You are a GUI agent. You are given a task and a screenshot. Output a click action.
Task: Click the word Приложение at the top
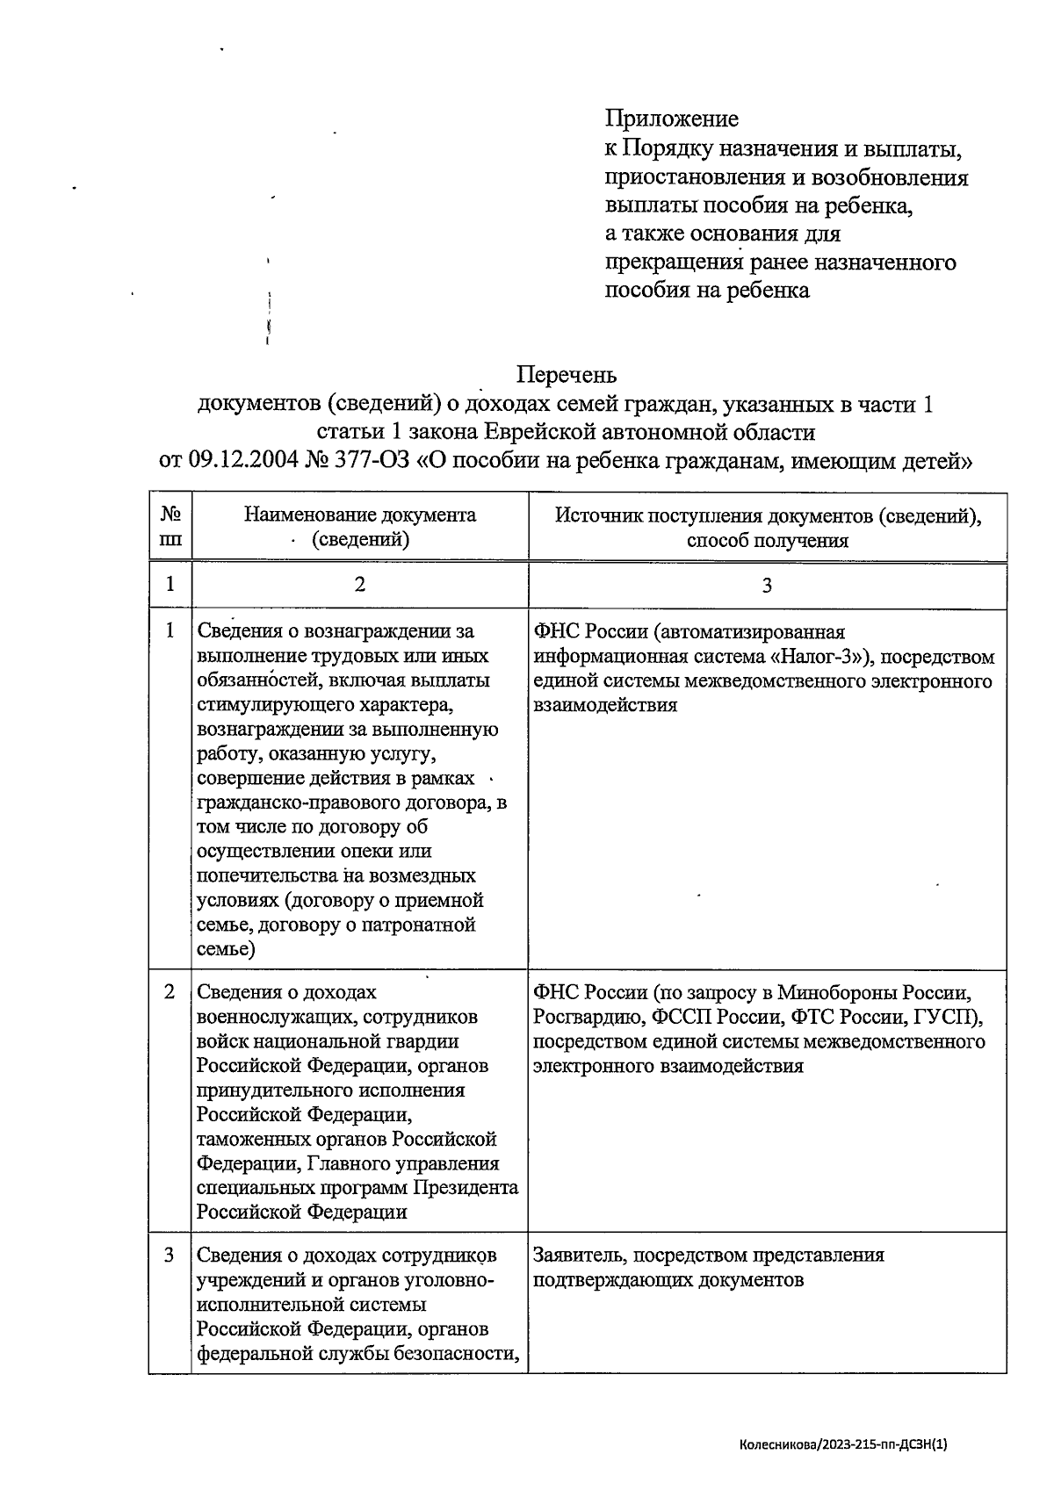point(672,119)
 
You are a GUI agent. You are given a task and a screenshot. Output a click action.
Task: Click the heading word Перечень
point(567,376)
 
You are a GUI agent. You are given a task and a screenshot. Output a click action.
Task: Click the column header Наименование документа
point(360,515)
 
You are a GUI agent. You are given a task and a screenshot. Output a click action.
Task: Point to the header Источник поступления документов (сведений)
point(768,515)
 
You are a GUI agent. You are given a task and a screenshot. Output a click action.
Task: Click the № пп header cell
point(170,527)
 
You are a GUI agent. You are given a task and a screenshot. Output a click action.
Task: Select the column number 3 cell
point(767,585)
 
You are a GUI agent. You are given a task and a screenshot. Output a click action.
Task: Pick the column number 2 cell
point(360,585)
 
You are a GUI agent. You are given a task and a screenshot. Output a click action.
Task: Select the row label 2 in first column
point(170,992)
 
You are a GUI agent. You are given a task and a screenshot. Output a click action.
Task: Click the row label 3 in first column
point(170,1256)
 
